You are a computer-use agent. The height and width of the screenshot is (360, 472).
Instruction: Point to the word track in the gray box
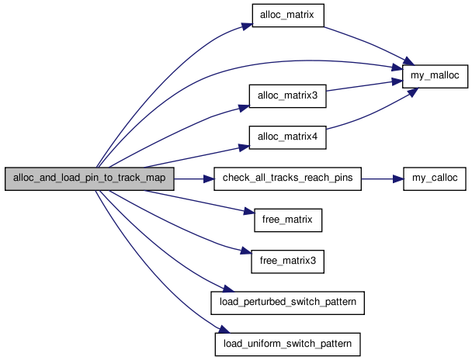[128, 178]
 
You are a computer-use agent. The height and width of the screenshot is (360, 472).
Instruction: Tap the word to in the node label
[108, 178]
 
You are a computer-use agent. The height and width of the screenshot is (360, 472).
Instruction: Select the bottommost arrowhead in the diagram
[225, 330]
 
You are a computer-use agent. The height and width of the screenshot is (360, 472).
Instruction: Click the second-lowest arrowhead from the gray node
[229, 289]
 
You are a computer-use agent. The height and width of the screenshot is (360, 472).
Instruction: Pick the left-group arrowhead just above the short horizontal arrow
[245, 146]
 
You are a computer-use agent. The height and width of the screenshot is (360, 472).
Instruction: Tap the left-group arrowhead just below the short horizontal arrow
[249, 210]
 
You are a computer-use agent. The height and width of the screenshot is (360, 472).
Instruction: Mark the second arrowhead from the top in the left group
[245, 108]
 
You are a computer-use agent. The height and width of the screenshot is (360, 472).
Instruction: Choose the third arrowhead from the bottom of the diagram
[248, 251]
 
